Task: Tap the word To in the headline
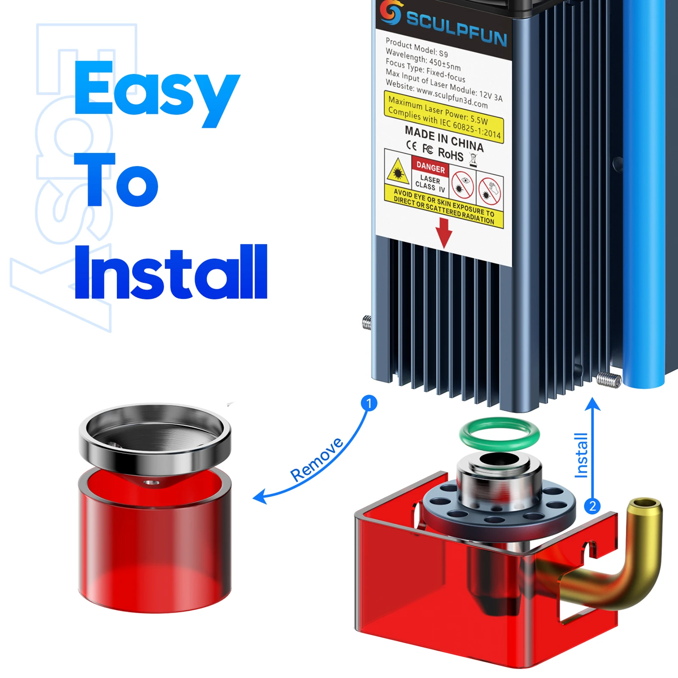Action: pyautogui.click(x=116, y=180)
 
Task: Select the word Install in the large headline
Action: pyautogui.click(x=171, y=272)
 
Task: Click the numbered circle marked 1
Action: pyautogui.click(x=369, y=403)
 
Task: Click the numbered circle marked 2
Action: pyautogui.click(x=592, y=506)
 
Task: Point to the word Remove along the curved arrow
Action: pyautogui.click(x=317, y=459)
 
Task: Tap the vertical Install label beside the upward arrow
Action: pyautogui.click(x=581, y=455)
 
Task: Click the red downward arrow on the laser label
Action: pyautogui.click(x=444, y=232)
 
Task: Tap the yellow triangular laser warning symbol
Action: pyautogui.click(x=397, y=171)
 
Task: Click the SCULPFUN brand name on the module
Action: pyautogui.click(x=457, y=28)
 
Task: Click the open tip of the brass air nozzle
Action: pyautogui.click(x=645, y=504)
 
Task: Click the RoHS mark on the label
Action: pyautogui.click(x=451, y=154)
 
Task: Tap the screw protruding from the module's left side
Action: pyautogui.click(x=367, y=323)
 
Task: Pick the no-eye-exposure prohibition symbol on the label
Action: pyautogui.click(x=462, y=185)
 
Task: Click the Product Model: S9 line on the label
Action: pyautogui.click(x=416, y=47)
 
